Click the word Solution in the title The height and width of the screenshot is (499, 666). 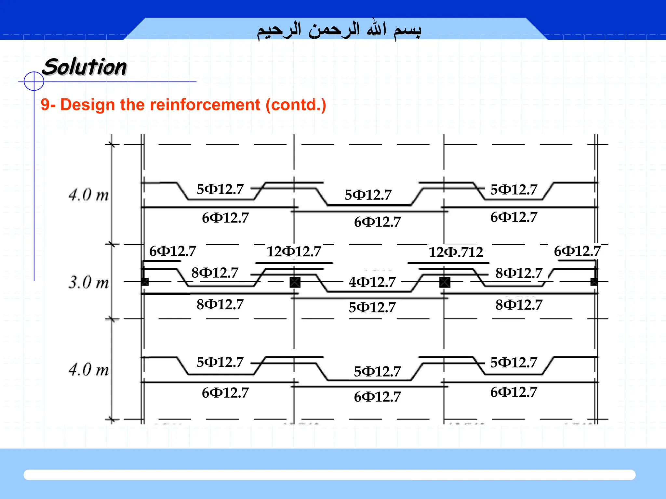pyautogui.click(x=85, y=67)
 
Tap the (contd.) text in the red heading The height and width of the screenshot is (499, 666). pyautogui.click(x=296, y=105)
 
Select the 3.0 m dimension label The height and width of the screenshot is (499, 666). pyautogui.click(x=88, y=282)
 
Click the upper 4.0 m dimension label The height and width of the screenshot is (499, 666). pyautogui.click(x=88, y=195)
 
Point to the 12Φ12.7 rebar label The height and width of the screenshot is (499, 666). pyautogui.click(x=294, y=251)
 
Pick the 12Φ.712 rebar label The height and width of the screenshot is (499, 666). pyautogui.click(x=456, y=252)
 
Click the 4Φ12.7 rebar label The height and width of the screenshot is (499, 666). pyautogui.click(x=372, y=282)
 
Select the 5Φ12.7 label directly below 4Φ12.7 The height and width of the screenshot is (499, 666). pyautogui.click(x=372, y=307)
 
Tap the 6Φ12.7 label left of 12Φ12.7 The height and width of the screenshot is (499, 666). pyautogui.click(x=173, y=251)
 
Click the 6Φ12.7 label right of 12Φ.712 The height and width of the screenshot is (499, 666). pyautogui.click(x=577, y=251)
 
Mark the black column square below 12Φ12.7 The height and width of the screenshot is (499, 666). pyautogui.click(x=295, y=282)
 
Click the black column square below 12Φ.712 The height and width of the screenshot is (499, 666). pyautogui.click(x=445, y=282)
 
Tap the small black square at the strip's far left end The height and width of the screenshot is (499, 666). pyautogui.click(x=145, y=282)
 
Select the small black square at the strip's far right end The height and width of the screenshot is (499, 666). pyautogui.click(x=594, y=282)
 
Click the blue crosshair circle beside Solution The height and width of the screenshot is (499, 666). pyautogui.click(x=34, y=81)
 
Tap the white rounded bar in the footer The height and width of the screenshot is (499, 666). pyautogui.click(x=329, y=475)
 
